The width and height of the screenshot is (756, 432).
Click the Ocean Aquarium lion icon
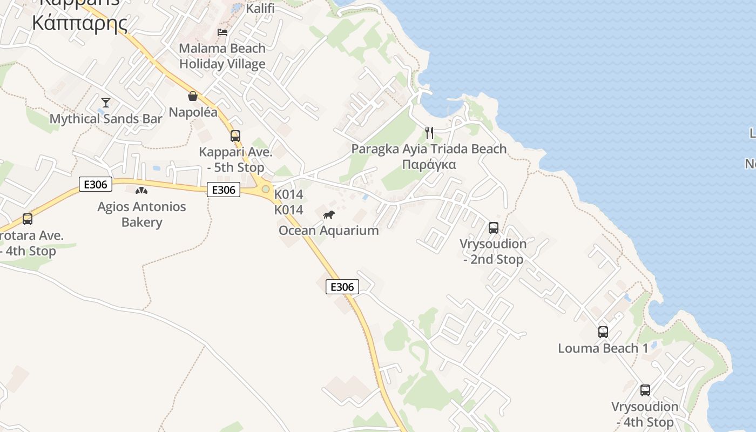(329, 215)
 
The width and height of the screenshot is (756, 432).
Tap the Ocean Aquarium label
(328, 231)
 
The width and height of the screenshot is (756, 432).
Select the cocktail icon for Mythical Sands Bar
(106, 102)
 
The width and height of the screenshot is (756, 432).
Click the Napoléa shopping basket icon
(193, 96)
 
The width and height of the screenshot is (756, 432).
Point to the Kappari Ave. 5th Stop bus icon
(235, 136)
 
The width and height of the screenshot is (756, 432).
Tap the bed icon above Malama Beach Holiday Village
(222, 32)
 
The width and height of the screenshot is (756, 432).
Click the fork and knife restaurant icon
(429, 133)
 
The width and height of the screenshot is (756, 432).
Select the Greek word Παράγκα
(429, 165)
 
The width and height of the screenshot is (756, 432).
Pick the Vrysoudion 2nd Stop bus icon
(494, 228)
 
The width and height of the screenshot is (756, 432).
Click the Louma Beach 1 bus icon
(603, 332)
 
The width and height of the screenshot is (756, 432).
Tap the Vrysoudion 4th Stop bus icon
(645, 390)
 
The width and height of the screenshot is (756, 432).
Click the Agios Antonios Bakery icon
(141, 191)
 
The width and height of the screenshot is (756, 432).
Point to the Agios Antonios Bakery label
(141, 214)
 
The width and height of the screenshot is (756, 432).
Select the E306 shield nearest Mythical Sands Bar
(96, 184)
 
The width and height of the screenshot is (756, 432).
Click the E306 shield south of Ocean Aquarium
(342, 287)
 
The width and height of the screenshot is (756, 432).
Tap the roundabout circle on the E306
(266, 189)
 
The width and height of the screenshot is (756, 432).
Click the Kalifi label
(260, 9)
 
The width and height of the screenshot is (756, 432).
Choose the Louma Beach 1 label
(603, 348)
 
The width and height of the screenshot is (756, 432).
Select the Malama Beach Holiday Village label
(222, 56)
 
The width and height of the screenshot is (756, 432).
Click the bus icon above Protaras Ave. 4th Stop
(28, 219)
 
